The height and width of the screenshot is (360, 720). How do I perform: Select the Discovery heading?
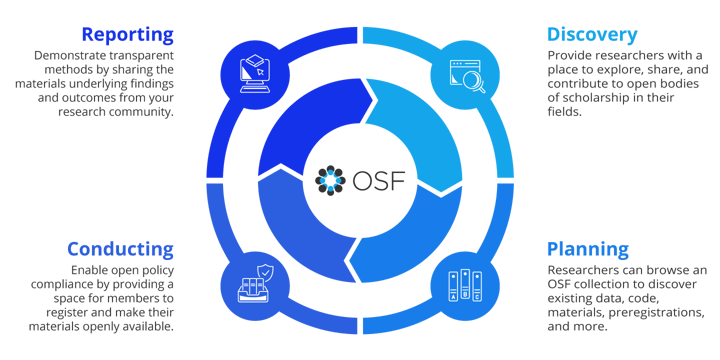tap(592, 35)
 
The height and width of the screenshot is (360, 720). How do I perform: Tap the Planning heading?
tap(588, 248)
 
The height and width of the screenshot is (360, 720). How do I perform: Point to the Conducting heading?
tap(120, 248)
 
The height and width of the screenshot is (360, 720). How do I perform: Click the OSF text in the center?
tap(375, 180)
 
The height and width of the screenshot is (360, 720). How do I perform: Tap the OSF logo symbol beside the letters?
tap(330, 180)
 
